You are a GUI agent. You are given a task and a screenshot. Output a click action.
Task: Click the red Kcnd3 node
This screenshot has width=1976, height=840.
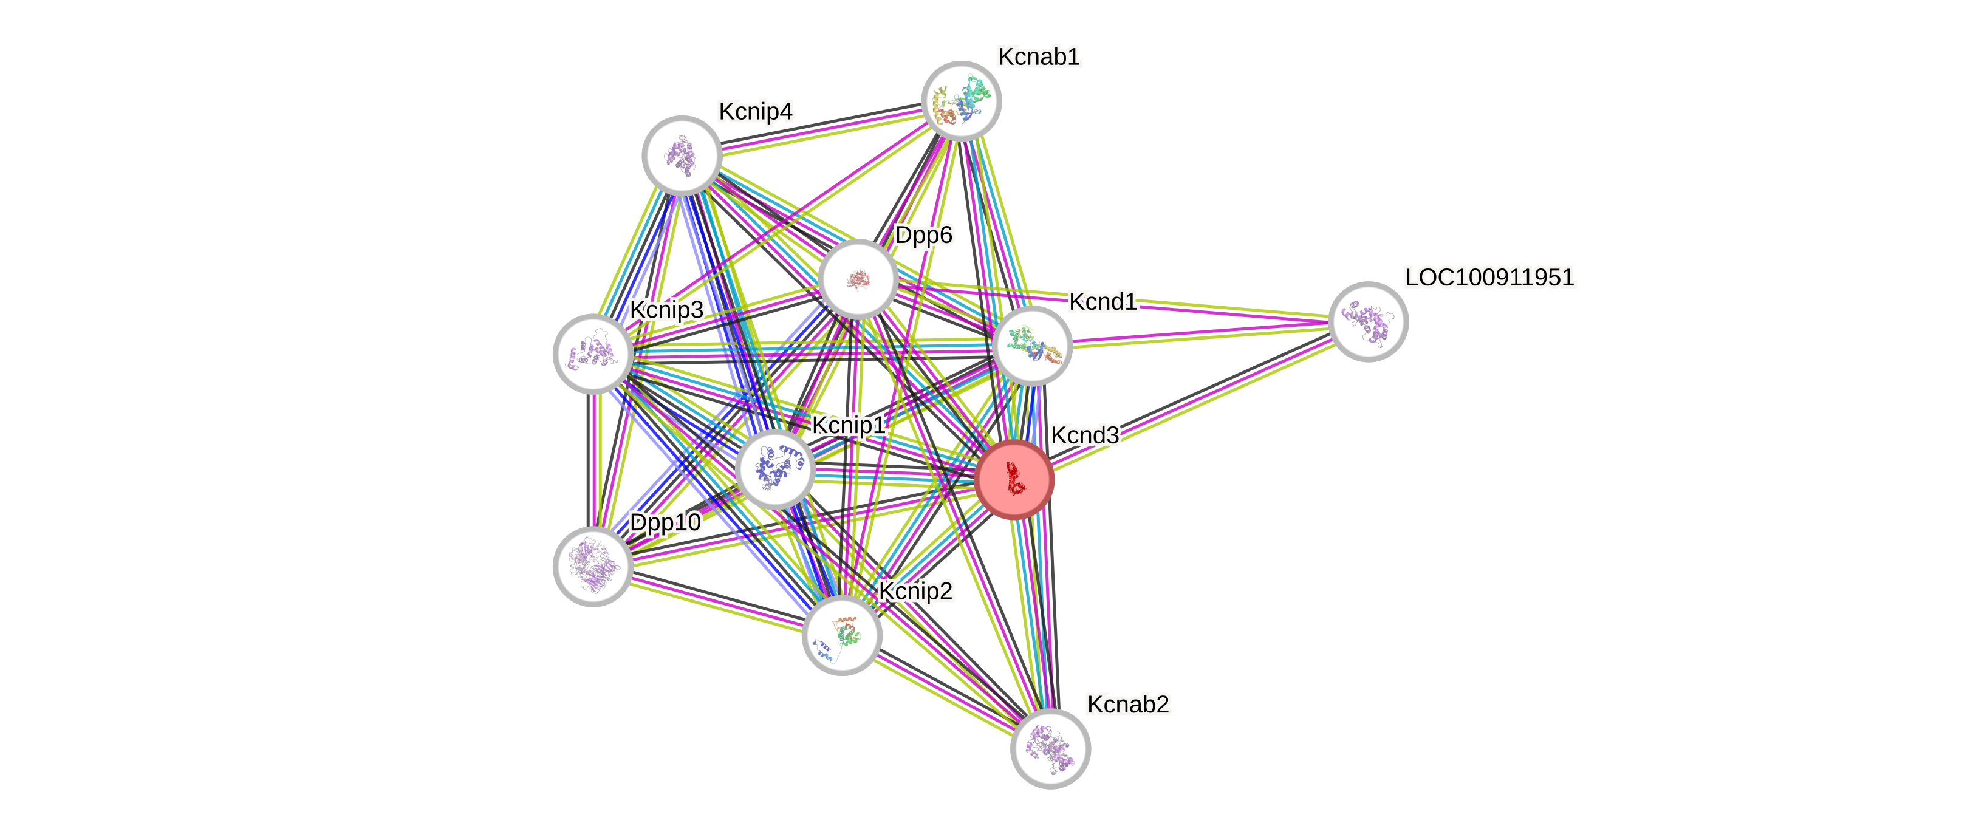(x=1014, y=479)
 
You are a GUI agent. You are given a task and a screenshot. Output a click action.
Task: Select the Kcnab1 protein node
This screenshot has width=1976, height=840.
(x=961, y=101)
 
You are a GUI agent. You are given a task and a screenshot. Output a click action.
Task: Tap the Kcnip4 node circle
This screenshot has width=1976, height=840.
(x=681, y=155)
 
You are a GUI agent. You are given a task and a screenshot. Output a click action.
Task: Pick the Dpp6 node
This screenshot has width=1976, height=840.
(x=858, y=279)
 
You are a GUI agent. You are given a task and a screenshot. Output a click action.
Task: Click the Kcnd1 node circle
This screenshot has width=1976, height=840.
(x=1031, y=346)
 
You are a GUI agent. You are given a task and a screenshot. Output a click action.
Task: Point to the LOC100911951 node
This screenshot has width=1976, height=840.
(x=1368, y=321)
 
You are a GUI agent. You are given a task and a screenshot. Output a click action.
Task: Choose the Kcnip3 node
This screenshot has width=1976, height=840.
(x=593, y=353)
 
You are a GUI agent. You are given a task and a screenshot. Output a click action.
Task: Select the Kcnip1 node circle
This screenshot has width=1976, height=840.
(x=774, y=470)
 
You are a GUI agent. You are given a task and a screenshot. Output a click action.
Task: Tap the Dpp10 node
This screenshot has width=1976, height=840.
(x=593, y=566)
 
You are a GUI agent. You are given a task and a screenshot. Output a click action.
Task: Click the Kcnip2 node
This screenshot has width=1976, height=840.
(x=841, y=635)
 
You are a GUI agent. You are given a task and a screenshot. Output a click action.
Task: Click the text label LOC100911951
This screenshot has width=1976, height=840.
(x=1489, y=277)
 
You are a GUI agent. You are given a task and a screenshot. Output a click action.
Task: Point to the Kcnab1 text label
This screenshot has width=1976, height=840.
(x=1039, y=56)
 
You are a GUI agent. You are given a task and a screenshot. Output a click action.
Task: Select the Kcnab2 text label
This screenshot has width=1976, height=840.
(x=1127, y=704)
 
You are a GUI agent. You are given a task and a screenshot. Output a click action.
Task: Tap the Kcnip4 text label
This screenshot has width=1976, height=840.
(x=756, y=111)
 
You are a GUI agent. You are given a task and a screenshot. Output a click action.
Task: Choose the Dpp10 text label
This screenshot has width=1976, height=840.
(x=665, y=522)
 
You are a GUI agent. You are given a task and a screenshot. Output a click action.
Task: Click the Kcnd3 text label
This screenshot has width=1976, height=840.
(x=1084, y=435)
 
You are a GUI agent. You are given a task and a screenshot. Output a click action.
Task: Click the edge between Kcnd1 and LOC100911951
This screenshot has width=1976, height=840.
(x=1200, y=333)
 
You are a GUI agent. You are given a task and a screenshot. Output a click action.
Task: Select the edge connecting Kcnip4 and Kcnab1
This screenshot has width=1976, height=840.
(x=821, y=128)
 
